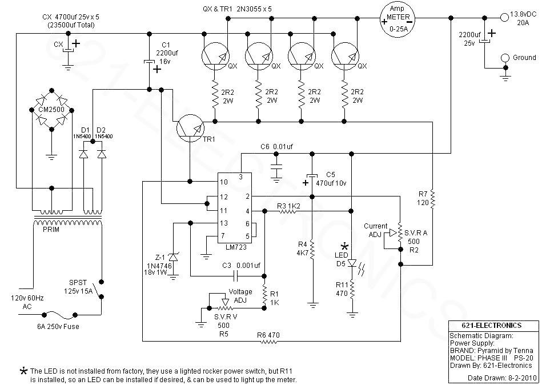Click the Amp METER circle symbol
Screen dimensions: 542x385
click(398, 19)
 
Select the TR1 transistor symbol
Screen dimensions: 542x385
click(190, 127)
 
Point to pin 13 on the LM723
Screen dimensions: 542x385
click(224, 223)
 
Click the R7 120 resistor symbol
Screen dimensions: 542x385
click(432, 200)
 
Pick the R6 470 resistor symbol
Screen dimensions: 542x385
click(269, 342)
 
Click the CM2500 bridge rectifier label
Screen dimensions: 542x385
click(51, 110)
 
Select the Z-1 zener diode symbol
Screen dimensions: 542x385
click(173, 258)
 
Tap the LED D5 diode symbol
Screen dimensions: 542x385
click(352, 263)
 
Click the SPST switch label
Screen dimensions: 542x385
click(78, 283)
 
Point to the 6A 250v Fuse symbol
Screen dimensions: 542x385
click(59, 314)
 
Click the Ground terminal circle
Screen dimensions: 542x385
click(505, 58)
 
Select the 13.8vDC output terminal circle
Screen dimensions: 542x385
click(505, 15)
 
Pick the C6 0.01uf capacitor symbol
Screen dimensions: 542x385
click(276, 167)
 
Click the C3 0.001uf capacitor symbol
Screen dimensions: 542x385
click(236, 276)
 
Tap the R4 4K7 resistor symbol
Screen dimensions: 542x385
click(312, 250)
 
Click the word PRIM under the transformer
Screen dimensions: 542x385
click(51, 230)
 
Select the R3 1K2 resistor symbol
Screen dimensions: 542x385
click(287, 211)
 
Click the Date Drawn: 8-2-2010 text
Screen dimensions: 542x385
click(501, 378)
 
